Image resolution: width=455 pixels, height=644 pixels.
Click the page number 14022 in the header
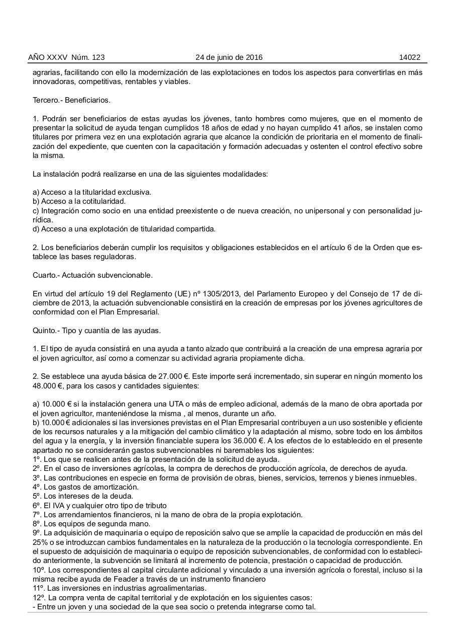(x=409, y=57)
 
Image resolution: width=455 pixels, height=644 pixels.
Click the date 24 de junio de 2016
(x=229, y=57)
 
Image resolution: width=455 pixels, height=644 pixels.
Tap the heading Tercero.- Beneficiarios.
(x=71, y=100)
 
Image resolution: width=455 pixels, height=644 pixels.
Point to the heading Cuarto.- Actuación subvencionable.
(x=93, y=275)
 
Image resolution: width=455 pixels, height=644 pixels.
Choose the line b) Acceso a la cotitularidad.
(x=79, y=201)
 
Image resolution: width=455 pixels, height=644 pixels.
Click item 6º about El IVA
(x=100, y=505)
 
